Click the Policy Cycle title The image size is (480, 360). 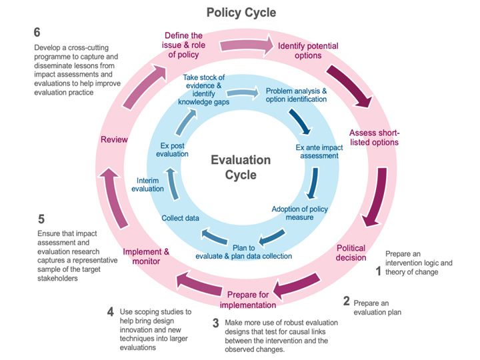[x=241, y=13]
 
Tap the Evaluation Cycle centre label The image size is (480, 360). [x=241, y=167]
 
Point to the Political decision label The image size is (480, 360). [x=351, y=252]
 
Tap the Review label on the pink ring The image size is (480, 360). [x=114, y=140]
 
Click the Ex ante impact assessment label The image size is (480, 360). [x=317, y=151]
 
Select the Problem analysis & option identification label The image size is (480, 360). [x=296, y=95]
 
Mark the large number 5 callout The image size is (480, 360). [x=41, y=219]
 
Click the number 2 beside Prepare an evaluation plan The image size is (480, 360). [x=347, y=301]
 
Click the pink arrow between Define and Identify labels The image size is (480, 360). [x=246, y=45]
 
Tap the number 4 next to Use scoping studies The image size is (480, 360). [x=111, y=311]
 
